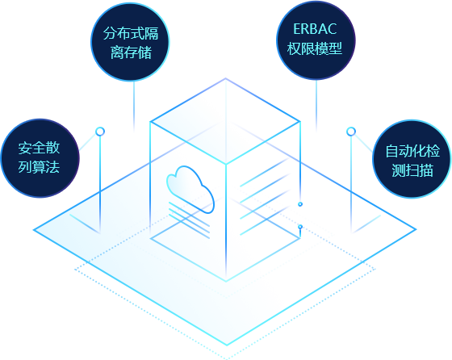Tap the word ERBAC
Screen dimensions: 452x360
(x=315, y=29)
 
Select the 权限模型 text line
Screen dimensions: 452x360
(x=315, y=48)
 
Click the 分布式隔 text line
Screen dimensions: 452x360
(x=131, y=33)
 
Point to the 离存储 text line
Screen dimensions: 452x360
(x=131, y=52)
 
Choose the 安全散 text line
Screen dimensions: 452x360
(x=39, y=148)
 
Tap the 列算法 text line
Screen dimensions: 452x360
(x=39, y=167)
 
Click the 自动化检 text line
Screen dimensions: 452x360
(x=412, y=151)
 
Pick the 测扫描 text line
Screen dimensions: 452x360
(x=412, y=170)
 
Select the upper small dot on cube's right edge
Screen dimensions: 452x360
(x=300, y=204)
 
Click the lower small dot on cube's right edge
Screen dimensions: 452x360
(x=300, y=227)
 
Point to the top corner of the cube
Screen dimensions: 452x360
(x=226, y=78)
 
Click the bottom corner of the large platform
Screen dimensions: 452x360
(x=227, y=345)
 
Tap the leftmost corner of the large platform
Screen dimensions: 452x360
(x=34, y=230)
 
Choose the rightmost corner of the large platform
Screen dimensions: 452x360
(x=416, y=229)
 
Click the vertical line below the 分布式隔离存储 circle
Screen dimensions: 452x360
(x=134, y=105)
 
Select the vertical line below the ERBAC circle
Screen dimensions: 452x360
(x=316, y=105)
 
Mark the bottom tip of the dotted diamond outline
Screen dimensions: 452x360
(x=227, y=359)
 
